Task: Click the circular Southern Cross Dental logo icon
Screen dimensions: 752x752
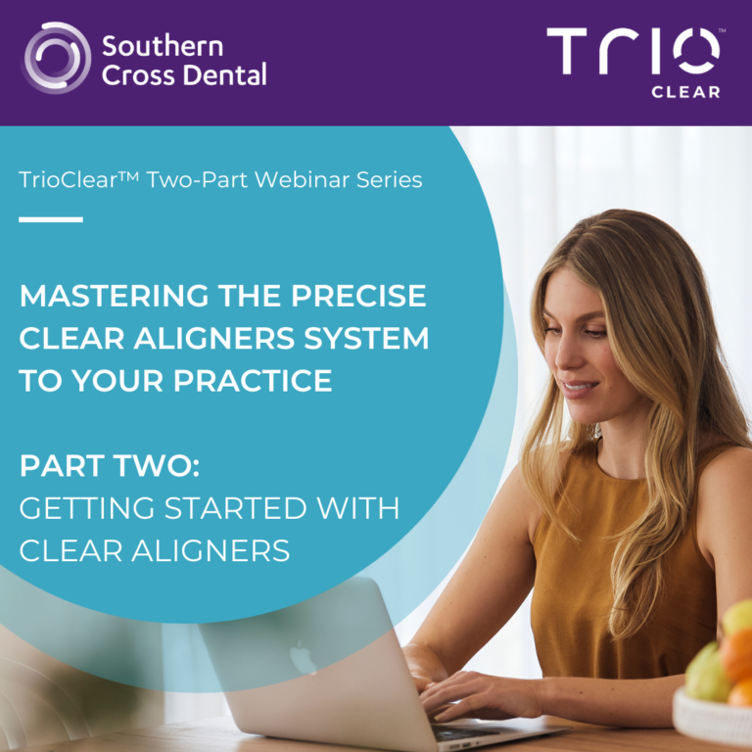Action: pyautogui.click(x=57, y=58)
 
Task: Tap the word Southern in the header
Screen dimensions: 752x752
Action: pyautogui.click(x=163, y=47)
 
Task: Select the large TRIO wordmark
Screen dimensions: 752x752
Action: pyautogui.click(x=634, y=51)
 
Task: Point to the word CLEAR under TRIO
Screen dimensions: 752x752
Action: pyautogui.click(x=685, y=92)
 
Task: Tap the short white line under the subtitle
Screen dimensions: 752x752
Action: pyautogui.click(x=51, y=219)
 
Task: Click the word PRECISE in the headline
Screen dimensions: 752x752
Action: pyautogui.click(x=358, y=296)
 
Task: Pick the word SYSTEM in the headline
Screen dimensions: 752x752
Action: pyautogui.click(x=366, y=338)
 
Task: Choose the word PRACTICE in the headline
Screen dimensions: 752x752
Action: pyautogui.click(x=253, y=381)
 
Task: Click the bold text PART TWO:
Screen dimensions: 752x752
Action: pyautogui.click(x=110, y=466)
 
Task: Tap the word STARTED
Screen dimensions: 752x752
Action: pyautogui.click(x=235, y=508)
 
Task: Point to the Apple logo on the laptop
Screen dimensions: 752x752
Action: pyautogui.click(x=303, y=658)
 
